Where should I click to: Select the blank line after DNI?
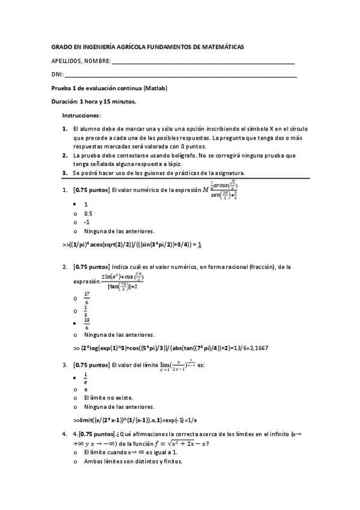pyautogui.click(x=181, y=76)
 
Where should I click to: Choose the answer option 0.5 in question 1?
pyautogui.click(x=88, y=213)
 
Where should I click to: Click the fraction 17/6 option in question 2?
pyautogui.click(x=87, y=296)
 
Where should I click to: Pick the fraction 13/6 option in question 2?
pyautogui.click(x=87, y=323)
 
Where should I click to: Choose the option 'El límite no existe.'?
pyautogui.click(x=108, y=398)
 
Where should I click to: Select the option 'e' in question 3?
pyautogui.click(x=86, y=389)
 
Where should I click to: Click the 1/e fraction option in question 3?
pyautogui.click(x=86, y=377)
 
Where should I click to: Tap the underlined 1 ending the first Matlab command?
pyautogui.click(x=199, y=245)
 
